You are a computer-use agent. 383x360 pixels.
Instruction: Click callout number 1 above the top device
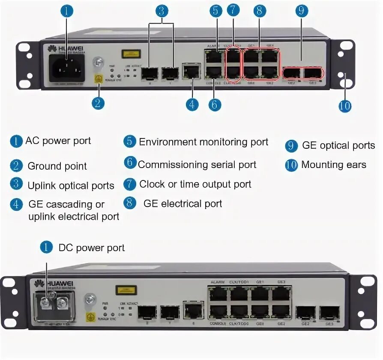(x=66, y=11)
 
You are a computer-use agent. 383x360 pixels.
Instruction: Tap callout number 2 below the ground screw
(x=98, y=103)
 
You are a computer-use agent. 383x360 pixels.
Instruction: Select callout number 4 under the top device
(x=192, y=104)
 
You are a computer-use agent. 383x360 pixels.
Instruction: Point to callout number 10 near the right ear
(x=345, y=105)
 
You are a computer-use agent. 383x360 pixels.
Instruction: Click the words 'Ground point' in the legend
(x=57, y=166)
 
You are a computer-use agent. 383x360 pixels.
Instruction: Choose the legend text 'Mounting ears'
(x=334, y=165)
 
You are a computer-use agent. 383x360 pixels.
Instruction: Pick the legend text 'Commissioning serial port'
(x=197, y=165)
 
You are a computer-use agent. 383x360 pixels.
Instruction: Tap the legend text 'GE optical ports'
(x=338, y=146)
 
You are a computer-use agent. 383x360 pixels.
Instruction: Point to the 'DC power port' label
(x=92, y=248)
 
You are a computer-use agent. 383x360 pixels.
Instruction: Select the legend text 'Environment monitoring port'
(x=203, y=142)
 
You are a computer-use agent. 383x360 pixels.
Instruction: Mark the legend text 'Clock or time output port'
(x=195, y=184)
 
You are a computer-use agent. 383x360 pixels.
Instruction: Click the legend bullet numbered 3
(x=16, y=184)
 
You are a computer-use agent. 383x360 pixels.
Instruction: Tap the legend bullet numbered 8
(x=129, y=203)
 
